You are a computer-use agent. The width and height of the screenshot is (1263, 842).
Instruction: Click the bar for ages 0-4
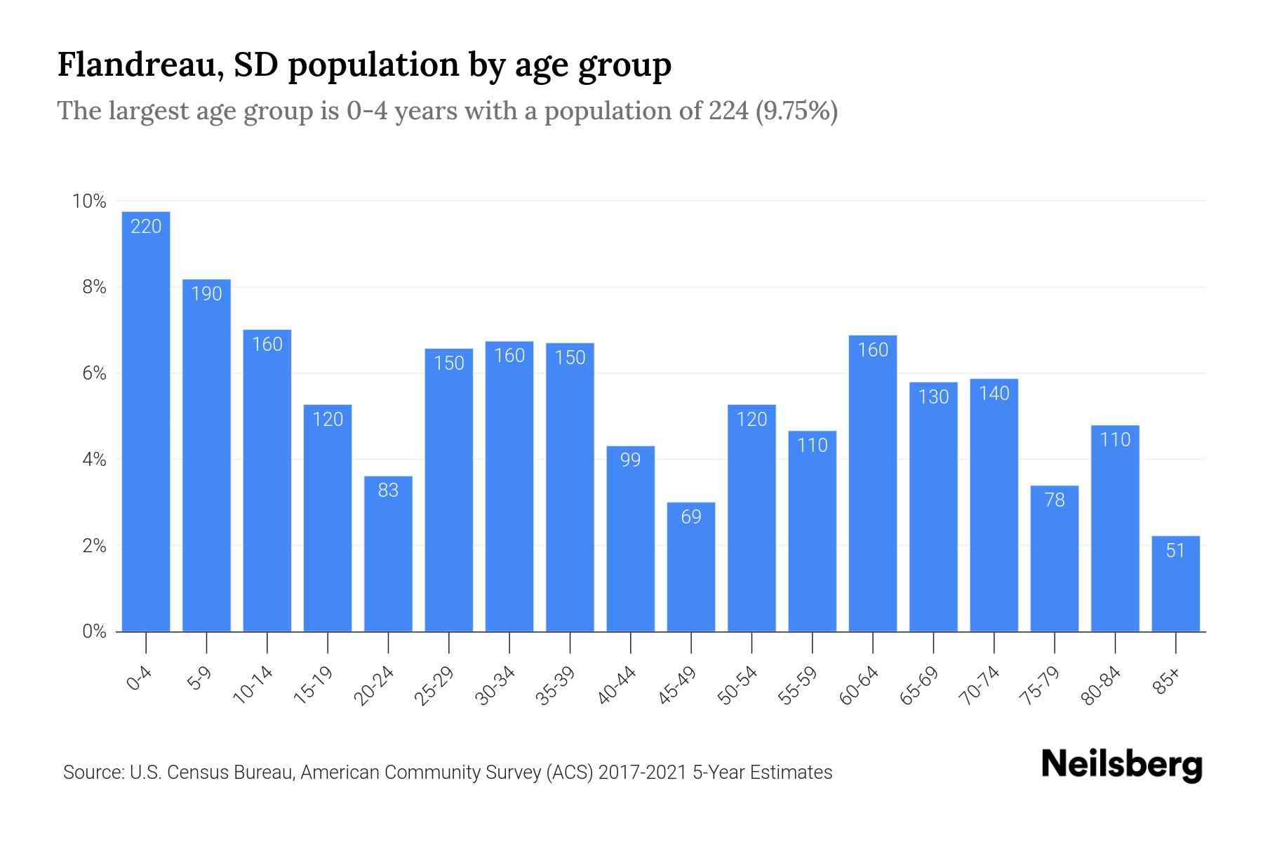pyautogui.click(x=146, y=421)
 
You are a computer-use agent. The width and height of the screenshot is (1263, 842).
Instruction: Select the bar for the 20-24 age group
pyautogui.click(x=388, y=554)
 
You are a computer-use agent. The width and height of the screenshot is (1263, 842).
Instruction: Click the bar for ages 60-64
pyautogui.click(x=873, y=484)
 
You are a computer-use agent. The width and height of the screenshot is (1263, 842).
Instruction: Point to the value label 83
pyautogui.click(x=388, y=490)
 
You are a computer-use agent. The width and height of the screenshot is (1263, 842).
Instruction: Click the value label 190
pyautogui.click(x=206, y=293)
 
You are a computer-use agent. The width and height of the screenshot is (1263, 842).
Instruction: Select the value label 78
pyautogui.click(x=1055, y=500)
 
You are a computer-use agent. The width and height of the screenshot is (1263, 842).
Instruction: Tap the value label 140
pyautogui.click(x=994, y=393)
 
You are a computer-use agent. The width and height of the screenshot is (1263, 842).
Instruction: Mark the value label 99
pyautogui.click(x=630, y=460)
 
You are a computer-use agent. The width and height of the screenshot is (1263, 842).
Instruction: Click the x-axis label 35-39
pyautogui.click(x=556, y=686)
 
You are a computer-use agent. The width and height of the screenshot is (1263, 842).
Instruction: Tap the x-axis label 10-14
pyautogui.click(x=253, y=686)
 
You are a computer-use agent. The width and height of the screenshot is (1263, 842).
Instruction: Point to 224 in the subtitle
pyautogui.click(x=728, y=111)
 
